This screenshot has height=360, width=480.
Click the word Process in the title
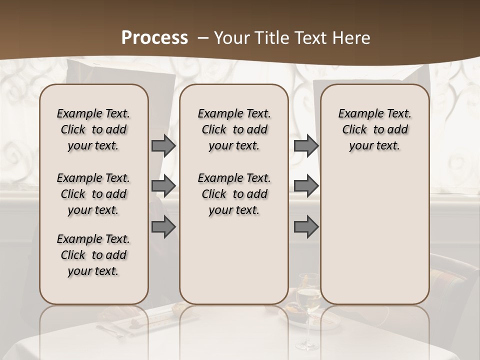tap(154, 38)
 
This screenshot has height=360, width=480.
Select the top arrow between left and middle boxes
tap(163, 146)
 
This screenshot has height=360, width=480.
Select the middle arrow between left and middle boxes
tap(163, 186)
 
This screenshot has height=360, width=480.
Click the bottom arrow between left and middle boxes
tap(163, 227)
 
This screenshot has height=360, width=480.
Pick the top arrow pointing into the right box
tap(306, 146)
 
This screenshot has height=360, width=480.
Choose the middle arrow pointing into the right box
tap(306, 186)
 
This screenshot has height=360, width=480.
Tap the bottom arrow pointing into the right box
tap(306, 227)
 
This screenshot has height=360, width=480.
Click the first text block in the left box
tap(93, 129)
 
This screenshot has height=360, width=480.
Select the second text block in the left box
tap(93, 194)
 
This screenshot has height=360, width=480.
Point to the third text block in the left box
tap(93, 255)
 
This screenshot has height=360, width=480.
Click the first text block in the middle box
tap(234, 129)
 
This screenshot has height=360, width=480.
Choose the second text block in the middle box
tap(234, 194)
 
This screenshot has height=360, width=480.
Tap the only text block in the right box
tap(374, 129)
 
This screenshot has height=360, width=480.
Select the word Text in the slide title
tap(309, 38)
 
